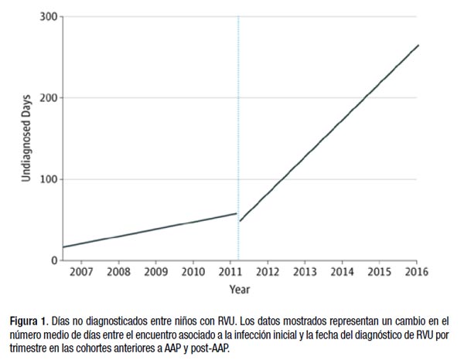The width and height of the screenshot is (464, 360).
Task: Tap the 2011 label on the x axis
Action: (230, 272)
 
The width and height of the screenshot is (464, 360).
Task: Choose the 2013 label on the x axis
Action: (305, 272)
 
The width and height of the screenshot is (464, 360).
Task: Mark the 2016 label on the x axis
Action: (417, 272)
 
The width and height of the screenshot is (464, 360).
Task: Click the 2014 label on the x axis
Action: (342, 272)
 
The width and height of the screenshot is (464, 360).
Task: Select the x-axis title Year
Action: (239, 289)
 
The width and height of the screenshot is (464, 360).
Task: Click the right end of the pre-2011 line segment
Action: (236, 213)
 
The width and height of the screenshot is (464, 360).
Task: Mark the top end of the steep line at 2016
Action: (418, 45)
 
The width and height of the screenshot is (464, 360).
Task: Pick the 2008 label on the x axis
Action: (118, 272)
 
